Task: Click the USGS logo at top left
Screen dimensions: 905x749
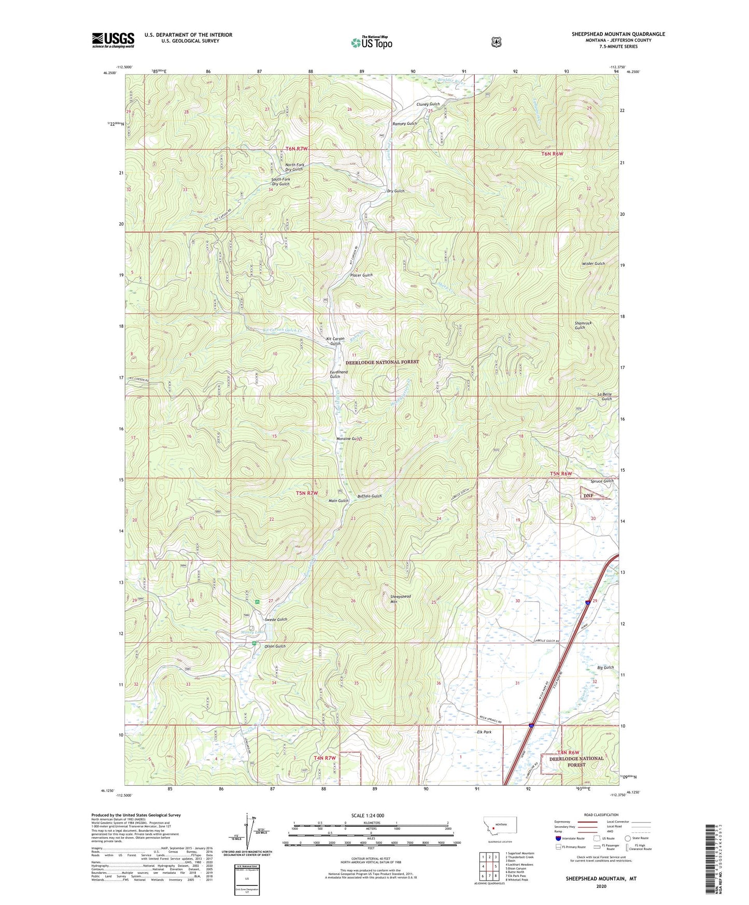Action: pos(113,40)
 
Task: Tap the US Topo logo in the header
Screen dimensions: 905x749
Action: pos(371,43)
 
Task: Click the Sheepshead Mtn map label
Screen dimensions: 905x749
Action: pos(400,599)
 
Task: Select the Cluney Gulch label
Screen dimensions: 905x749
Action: pos(428,104)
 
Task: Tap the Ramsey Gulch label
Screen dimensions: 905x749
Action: pos(404,124)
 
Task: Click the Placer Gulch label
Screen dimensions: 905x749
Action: pos(361,275)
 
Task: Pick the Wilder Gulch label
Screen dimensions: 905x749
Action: pos(593,264)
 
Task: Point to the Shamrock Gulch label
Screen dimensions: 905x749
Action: pos(583,325)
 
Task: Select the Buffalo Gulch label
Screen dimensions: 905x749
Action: pos(369,496)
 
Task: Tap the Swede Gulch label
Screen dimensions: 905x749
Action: pos(276,619)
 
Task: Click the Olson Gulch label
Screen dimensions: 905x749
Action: pos(275,646)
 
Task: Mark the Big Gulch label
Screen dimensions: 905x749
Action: pos(605,668)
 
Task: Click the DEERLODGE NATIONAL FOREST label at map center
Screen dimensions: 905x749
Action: pos(382,362)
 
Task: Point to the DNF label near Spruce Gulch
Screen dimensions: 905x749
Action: pos(588,496)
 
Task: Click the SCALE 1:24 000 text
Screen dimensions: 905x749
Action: pos(368,815)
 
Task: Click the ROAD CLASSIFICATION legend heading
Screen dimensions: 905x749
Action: pos(601,815)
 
